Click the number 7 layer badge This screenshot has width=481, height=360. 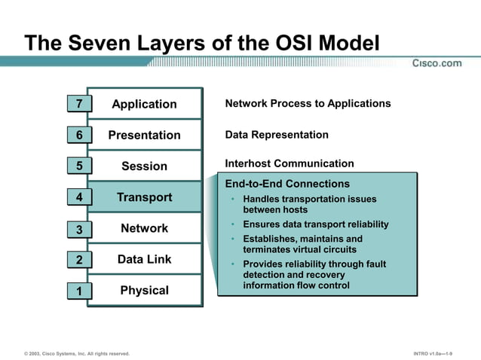79,104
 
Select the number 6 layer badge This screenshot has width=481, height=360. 79,135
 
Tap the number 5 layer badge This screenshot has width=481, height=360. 79,166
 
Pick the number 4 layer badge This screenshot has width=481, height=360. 79,198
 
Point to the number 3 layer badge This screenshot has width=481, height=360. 79,230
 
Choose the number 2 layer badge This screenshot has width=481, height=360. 79,261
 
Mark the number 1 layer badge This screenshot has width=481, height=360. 79,291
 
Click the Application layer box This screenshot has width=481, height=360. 144,104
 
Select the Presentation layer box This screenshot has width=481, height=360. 144,135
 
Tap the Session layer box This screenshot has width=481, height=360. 144,166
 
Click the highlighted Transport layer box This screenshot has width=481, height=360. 144,197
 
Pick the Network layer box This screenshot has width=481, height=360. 144,228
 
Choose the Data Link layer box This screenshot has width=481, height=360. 144,259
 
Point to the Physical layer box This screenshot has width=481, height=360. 144,290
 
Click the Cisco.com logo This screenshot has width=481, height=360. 437,63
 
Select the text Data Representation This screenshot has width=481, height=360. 277,135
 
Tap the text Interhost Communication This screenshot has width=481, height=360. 289,163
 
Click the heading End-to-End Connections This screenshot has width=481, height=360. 287,184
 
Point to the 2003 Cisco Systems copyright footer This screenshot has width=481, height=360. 76,353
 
